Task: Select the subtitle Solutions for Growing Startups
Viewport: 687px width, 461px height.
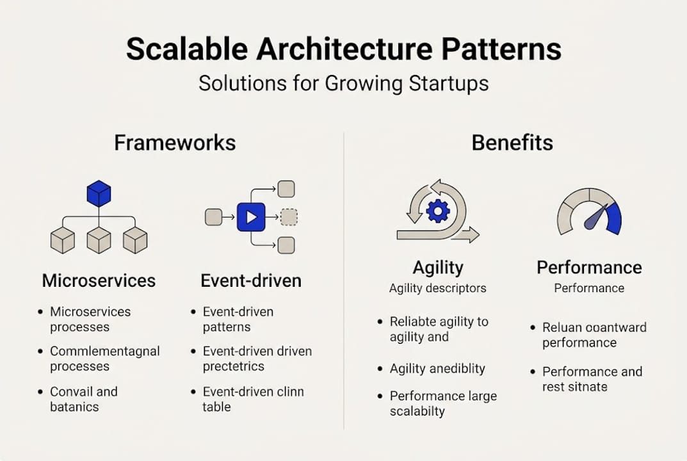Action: coord(343,84)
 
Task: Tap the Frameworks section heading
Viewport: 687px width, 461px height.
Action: coord(175,143)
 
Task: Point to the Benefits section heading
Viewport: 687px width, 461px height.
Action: coord(512,143)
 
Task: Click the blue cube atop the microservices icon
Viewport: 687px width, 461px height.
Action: coord(99,193)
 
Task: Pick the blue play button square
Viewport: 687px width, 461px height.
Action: coord(251,217)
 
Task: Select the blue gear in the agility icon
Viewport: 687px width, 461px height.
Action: coord(438,211)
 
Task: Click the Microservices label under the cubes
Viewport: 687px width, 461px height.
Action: coord(99,280)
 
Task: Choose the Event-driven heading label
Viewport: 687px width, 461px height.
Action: coord(251,280)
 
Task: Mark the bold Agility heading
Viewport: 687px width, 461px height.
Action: coord(438,267)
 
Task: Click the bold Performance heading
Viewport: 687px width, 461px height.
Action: coord(589,267)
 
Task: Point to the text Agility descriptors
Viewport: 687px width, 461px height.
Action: coord(438,288)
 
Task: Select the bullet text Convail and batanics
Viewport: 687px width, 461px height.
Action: coord(84,399)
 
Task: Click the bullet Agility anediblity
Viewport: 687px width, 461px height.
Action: coord(437,369)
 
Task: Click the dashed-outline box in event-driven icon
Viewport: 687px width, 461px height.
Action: coord(289,217)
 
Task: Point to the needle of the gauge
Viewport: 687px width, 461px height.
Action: coord(595,216)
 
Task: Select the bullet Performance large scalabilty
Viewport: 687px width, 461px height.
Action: coord(443,404)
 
